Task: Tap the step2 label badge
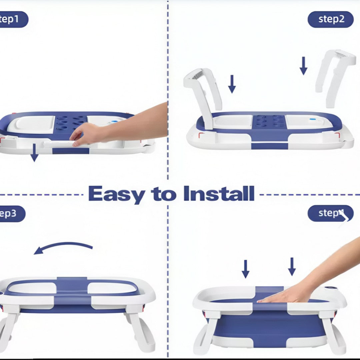point(330,19)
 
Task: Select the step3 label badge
point(12,214)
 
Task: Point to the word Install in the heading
point(219,194)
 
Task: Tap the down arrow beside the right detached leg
point(303,66)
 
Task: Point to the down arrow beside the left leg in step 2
point(232,84)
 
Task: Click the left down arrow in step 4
point(245,269)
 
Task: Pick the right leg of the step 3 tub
point(142,330)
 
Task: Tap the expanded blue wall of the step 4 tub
point(267,325)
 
